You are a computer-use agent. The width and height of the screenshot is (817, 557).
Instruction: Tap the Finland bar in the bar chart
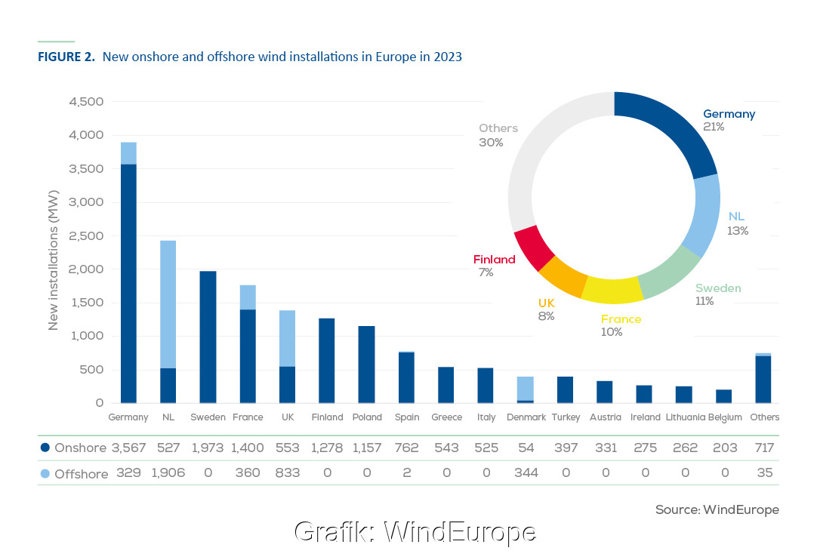click(x=327, y=361)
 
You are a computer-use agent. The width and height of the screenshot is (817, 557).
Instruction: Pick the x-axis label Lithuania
click(x=685, y=417)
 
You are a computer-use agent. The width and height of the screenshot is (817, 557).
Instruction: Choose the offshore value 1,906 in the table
click(x=168, y=473)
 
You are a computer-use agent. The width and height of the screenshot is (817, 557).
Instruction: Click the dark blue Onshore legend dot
click(x=45, y=448)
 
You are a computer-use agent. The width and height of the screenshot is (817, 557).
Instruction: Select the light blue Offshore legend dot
click(x=45, y=473)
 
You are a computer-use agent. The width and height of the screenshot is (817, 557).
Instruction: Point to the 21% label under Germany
click(x=714, y=128)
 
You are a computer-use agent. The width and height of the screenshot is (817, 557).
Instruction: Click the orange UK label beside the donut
click(x=546, y=303)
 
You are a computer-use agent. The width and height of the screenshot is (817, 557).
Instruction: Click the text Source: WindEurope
click(x=717, y=510)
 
